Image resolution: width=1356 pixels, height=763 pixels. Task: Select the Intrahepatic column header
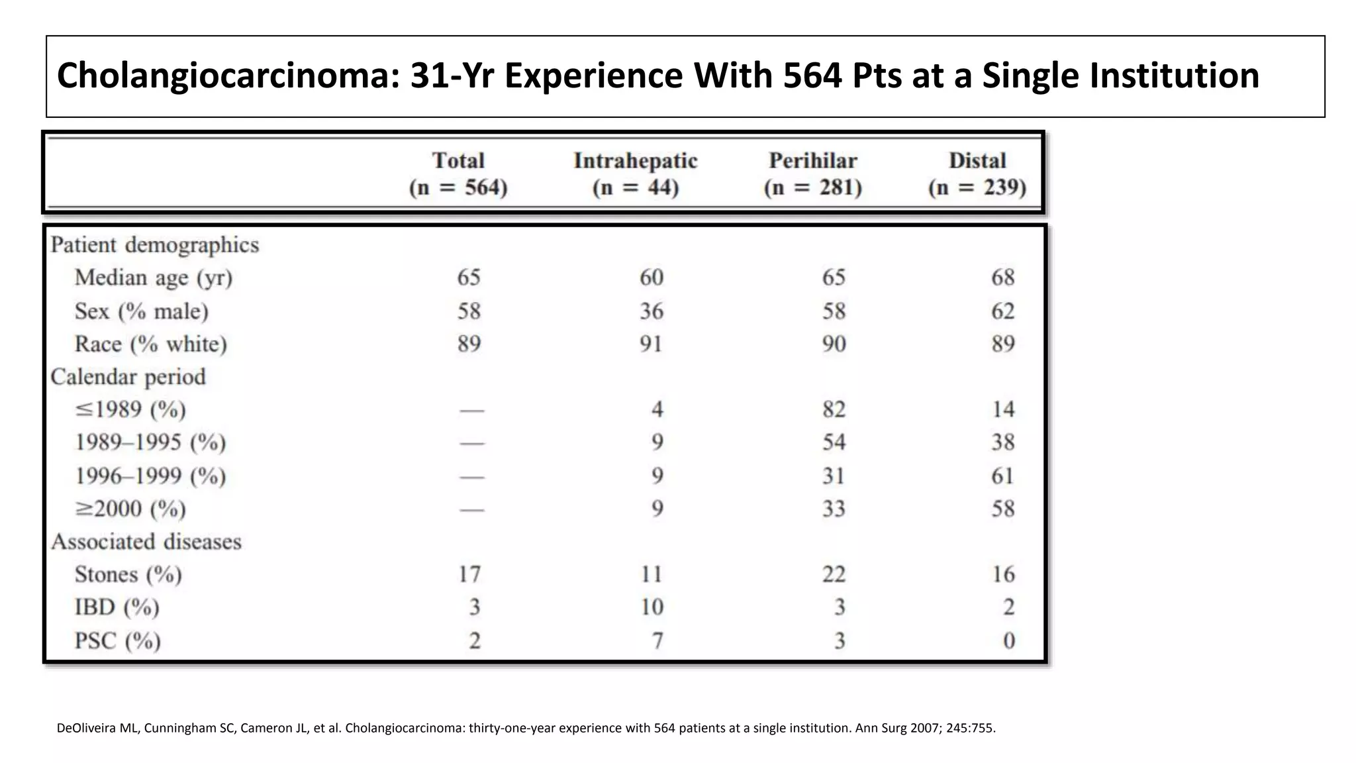tap(635, 161)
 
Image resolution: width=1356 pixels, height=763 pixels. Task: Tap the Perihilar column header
tap(812, 161)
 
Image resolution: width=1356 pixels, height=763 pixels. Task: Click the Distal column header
tap(977, 161)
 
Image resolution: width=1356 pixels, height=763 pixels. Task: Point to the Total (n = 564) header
tap(458, 174)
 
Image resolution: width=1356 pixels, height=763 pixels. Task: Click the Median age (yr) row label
tap(153, 278)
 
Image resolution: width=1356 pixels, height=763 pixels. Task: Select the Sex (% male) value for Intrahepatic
tap(651, 311)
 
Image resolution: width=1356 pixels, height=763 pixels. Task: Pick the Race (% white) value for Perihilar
tap(834, 344)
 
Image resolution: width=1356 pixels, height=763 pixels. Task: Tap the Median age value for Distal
tap(1002, 278)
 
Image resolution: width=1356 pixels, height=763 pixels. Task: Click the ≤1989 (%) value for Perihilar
tap(834, 409)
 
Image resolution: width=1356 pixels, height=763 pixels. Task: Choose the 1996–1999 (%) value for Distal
tap(1002, 476)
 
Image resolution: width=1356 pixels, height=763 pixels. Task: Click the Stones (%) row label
tap(128, 574)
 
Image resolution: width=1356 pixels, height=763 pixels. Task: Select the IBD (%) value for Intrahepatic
tap(652, 607)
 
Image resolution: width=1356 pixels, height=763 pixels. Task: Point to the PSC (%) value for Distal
tap(1008, 640)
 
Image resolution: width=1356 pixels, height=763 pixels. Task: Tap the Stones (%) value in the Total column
tap(469, 574)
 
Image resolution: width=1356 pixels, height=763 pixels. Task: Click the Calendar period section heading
tap(128, 377)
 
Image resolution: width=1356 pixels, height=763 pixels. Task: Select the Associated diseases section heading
tap(146, 542)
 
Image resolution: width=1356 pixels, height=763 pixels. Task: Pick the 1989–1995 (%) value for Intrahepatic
tap(657, 442)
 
